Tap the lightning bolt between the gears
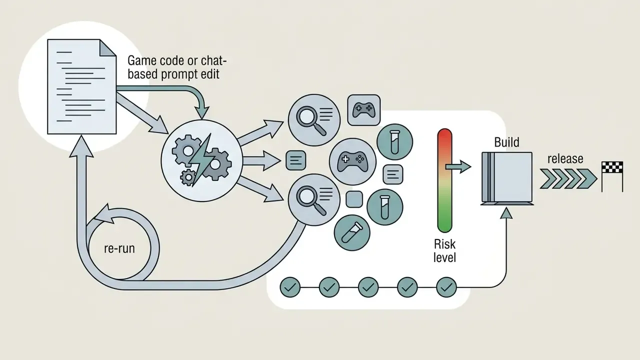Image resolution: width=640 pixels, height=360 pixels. (x=201, y=160)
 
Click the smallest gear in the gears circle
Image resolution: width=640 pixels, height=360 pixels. (x=188, y=177)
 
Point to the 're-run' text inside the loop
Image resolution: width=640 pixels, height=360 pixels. (x=119, y=248)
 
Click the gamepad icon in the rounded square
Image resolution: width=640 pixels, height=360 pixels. (x=363, y=110)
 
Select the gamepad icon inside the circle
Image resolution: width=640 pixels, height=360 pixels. (x=352, y=162)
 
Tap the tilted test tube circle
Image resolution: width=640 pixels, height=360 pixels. (x=352, y=233)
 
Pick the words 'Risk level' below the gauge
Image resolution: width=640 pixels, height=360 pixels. (x=444, y=251)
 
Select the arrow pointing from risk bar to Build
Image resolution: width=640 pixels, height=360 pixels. (x=458, y=166)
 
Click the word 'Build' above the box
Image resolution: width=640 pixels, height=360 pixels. (x=507, y=142)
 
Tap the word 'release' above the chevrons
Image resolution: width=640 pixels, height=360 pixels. (x=565, y=159)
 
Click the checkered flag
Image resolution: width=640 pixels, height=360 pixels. (x=612, y=167)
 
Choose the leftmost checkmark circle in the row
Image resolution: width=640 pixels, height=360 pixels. (x=290, y=287)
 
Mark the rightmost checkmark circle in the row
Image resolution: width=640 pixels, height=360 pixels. (x=446, y=287)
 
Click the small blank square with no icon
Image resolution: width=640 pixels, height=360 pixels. (x=354, y=199)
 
